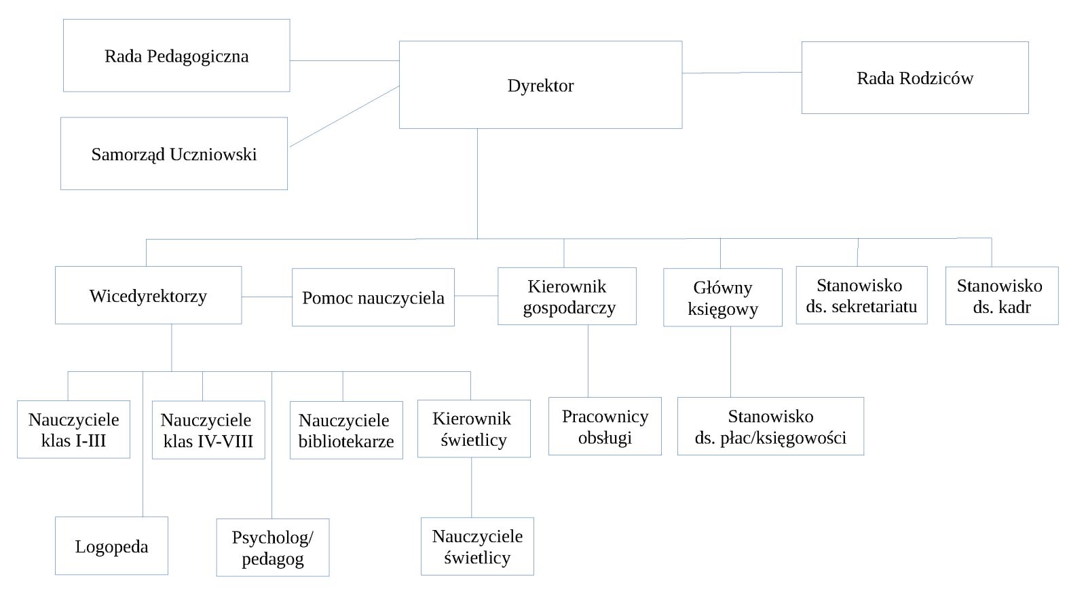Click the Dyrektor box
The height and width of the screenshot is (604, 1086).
(540, 85)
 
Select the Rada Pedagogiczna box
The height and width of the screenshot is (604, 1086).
(176, 56)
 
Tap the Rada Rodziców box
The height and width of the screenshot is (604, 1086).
(914, 78)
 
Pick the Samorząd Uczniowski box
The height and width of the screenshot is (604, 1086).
(174, 154)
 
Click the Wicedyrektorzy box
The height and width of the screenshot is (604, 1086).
(148, 295)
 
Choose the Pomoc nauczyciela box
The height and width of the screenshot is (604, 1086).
(373, 297)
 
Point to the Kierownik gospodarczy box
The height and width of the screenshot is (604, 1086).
(567, 297)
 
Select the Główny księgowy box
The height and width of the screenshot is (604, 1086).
(722, 297)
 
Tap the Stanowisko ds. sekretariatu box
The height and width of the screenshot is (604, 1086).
(861, 295)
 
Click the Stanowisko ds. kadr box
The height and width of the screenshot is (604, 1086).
(1001, 296)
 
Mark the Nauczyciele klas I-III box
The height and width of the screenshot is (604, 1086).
(73, 430)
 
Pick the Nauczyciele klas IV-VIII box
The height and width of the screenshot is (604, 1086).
(208, 430)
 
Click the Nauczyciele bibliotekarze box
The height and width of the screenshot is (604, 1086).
(345, 430)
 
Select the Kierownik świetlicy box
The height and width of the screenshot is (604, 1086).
(473, 429)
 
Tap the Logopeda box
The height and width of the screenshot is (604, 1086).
(111, 546)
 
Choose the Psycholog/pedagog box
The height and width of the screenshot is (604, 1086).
(272, 548)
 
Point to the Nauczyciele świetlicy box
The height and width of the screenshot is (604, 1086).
(476, 546)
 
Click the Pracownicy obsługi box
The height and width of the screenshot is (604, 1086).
(604, 426)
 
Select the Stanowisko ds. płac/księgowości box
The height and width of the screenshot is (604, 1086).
(770, 426)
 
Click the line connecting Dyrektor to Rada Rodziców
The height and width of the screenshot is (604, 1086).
(741, 73)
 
